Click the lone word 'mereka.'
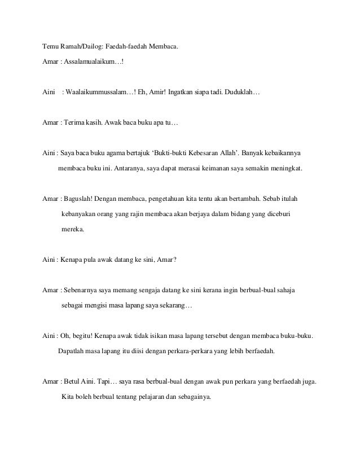(x=72, y=230)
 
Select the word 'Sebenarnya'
(x=83, y=291)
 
